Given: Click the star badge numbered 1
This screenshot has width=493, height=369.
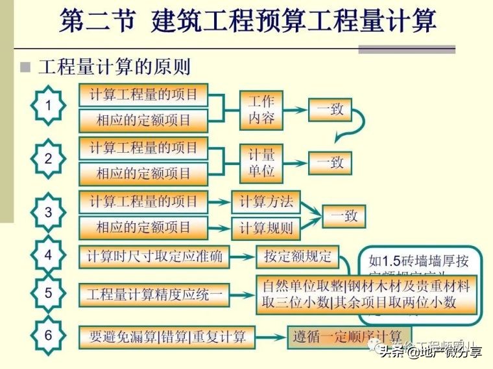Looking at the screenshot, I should [x=47, y=106].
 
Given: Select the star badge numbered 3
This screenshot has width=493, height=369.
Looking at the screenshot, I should [x=47, y=212].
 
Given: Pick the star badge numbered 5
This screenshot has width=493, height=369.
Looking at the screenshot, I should [x=47, y=293].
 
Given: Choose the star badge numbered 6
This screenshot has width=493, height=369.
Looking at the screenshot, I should [x=47, y=335].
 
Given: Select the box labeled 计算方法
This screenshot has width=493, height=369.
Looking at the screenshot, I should [x=267, y=201].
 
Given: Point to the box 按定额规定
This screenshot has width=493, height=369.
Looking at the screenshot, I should [x=298, y=256].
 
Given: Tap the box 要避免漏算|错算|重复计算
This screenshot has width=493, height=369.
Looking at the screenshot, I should [x=167, y=337].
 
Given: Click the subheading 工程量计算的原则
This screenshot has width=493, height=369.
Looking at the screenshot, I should [x=114, y=67].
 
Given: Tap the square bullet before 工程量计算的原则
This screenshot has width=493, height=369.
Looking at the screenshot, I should [x=25, y=67].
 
